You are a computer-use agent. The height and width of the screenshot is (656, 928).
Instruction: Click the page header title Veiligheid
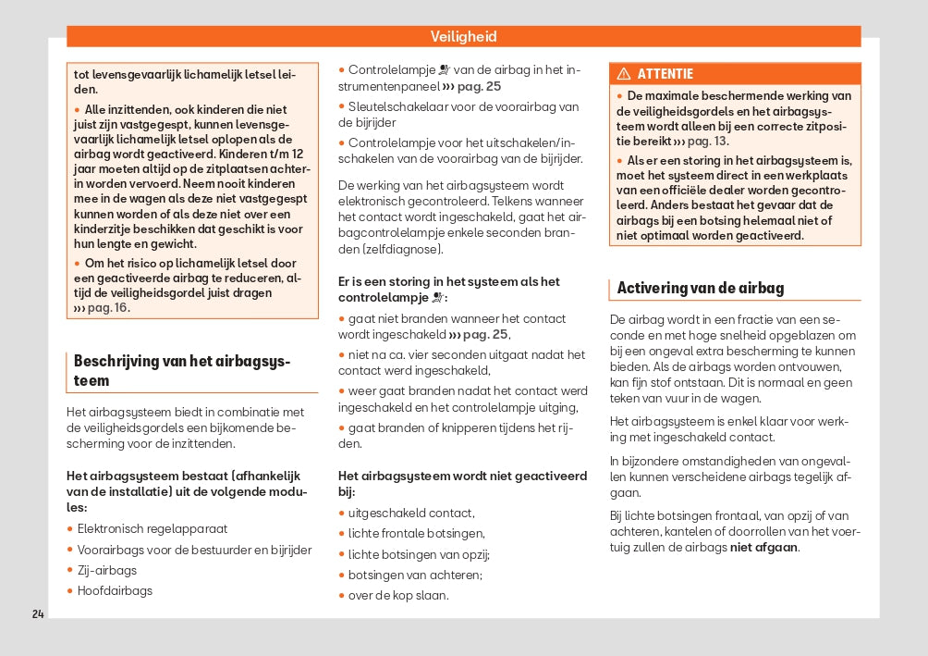tap(463, 37)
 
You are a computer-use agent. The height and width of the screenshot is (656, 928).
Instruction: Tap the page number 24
tap(37, 613)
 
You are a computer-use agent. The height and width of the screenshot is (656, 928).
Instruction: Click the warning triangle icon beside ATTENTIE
tap(624, 74)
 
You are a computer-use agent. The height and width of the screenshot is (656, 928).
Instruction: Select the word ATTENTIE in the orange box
tap(665, 74)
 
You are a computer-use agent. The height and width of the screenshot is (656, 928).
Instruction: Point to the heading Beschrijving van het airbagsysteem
tap(181, 370)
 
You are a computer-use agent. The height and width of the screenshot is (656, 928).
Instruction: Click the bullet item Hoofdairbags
tap(115, 590)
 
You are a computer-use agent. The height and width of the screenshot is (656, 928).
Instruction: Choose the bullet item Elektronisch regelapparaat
tap(152, 529)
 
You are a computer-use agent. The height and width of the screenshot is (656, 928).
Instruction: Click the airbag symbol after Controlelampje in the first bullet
tap(444, 69)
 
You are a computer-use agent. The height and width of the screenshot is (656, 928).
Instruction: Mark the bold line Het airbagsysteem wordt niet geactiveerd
tap(462, 476)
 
